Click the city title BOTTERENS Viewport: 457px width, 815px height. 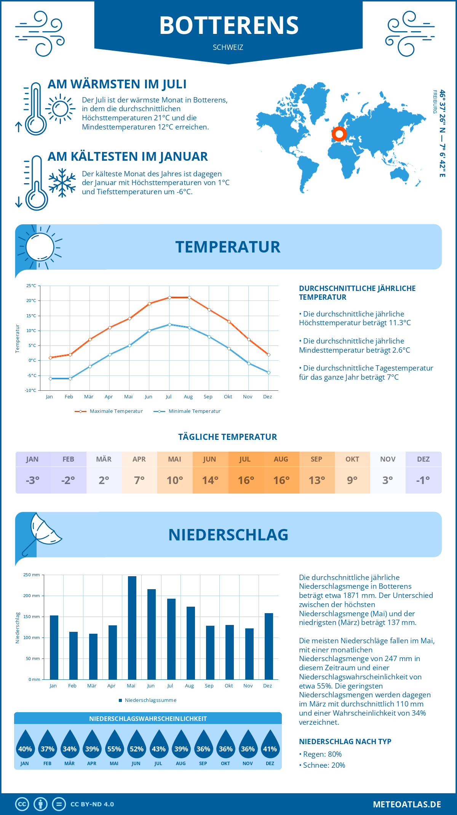[228, 26]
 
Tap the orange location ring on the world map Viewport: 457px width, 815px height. [339, 134]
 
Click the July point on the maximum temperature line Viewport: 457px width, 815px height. [169, 297]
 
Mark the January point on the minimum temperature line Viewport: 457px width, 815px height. [50, 379]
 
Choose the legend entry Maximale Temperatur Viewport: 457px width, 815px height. [109, 411]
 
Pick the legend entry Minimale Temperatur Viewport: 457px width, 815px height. [187, 411]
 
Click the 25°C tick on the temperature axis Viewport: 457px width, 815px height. [31, 286]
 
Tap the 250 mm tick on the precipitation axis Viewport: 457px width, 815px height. [32, 575]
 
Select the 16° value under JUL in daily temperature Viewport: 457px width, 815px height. [246, 480]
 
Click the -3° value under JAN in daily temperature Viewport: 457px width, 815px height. [33, 480]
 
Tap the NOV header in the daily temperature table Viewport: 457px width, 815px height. [388, 459]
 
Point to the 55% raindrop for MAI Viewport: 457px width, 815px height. [114, 746]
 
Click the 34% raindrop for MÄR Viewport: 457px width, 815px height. [70, 746]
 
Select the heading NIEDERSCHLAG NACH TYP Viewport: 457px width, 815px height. [345, 741]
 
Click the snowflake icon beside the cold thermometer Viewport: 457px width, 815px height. [62, 183]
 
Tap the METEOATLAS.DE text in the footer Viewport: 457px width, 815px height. [407, 804]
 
